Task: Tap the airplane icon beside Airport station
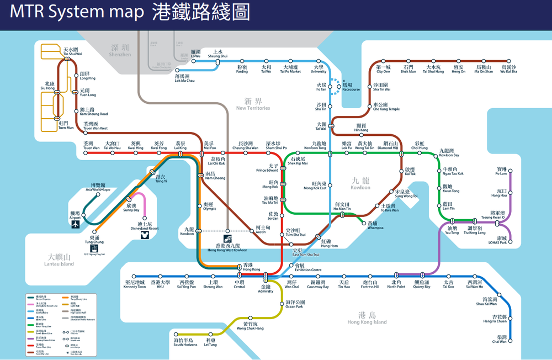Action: tap(76, 224)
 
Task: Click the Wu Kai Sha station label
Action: tap(508, 69)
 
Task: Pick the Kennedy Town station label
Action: tap(134, 284)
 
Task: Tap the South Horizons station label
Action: tap(185, 342)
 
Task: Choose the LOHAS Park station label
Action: tap(502, 241)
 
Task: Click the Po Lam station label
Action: tap(501, 171)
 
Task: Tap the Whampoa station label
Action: tap(375, 226)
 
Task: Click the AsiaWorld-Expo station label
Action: tap(98, 187)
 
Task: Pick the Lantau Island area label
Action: tap(59, 260)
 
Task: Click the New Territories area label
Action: tap(253, 105)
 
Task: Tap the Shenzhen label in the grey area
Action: tap(120, 51)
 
